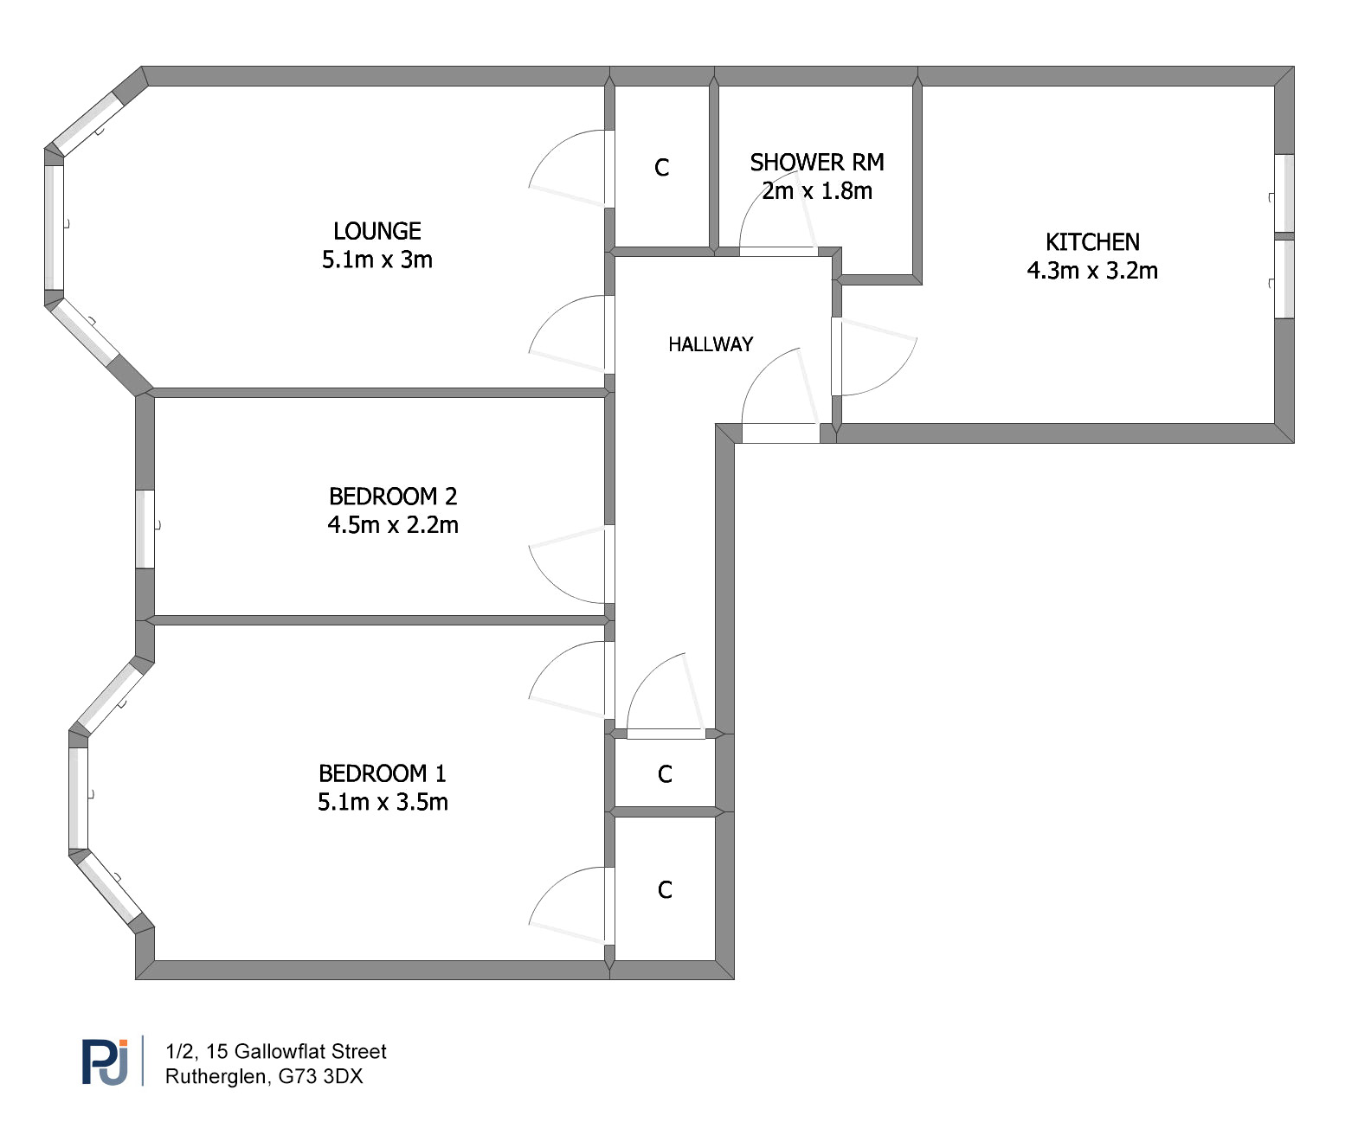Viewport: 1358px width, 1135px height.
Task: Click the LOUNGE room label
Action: point(377,231)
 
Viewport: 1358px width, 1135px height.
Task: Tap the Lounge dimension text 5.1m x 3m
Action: point(377,260)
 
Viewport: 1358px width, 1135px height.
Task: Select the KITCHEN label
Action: point(1092,242)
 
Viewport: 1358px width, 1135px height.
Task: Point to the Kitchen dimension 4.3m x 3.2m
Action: point(1092,271)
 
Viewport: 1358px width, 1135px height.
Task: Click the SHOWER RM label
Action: point(817,162)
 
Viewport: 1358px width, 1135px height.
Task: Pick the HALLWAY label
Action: point(711,344)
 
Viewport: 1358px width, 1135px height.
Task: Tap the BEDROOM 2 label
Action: point(393,496)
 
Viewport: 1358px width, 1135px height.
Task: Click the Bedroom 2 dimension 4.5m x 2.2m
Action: point(393,524)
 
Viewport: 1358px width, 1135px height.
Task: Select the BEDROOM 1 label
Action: point(383,773)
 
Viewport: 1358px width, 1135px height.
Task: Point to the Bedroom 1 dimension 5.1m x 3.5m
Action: point(383,802)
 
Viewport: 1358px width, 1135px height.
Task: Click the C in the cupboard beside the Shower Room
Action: point(661,168)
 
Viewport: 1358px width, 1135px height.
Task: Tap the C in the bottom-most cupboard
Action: point(665,889)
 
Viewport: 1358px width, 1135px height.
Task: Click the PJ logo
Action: point(105,1061)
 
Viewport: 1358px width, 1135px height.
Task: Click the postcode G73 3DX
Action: point(320,1076)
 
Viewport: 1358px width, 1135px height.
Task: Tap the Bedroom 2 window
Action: point(145,529)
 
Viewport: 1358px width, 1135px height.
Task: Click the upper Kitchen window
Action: point(1284,193)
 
